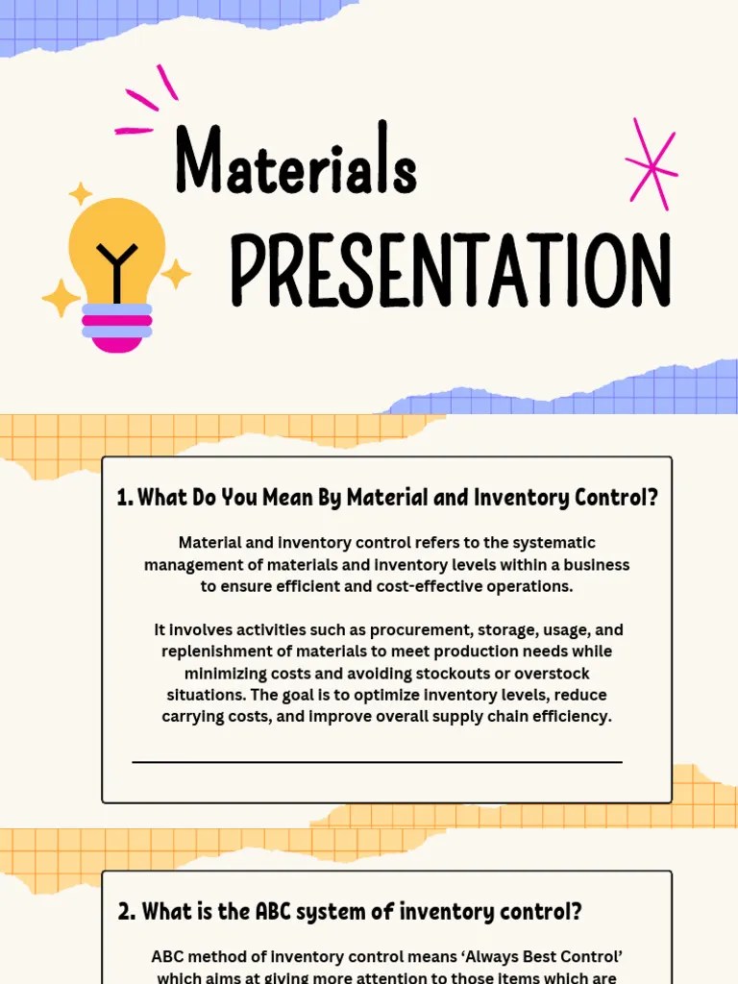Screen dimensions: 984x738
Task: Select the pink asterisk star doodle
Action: coord(651,164)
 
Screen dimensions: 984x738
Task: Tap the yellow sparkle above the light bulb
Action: coord(80,193)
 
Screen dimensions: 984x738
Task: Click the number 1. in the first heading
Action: coord(124,498)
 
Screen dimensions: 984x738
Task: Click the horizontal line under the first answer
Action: coord(377,762)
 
